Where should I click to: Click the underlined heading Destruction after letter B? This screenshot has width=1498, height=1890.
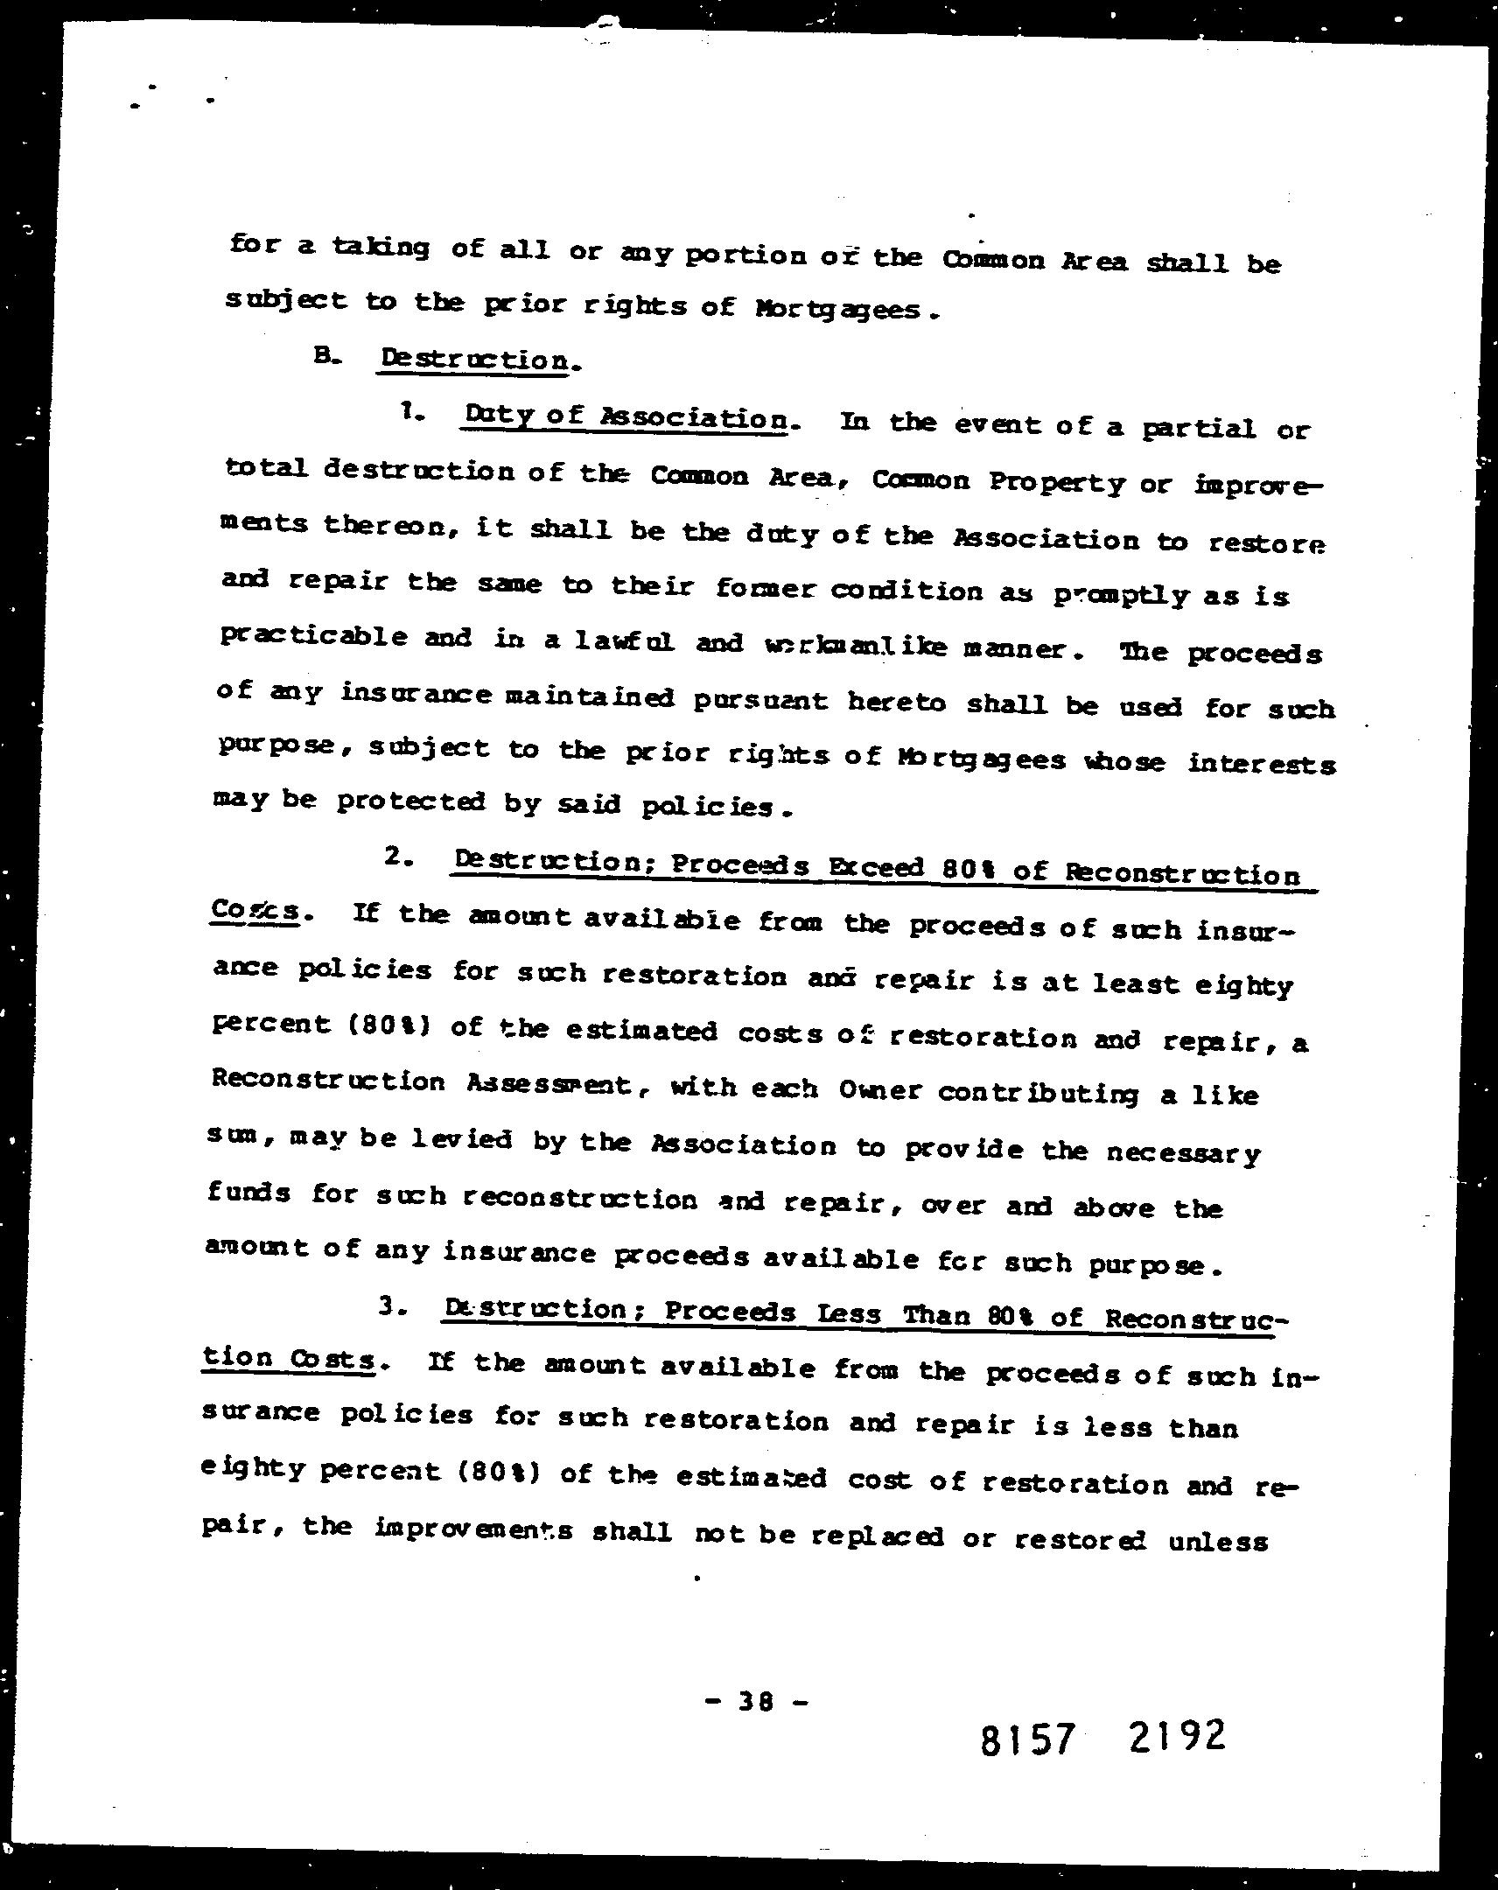(x=474, y=360)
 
